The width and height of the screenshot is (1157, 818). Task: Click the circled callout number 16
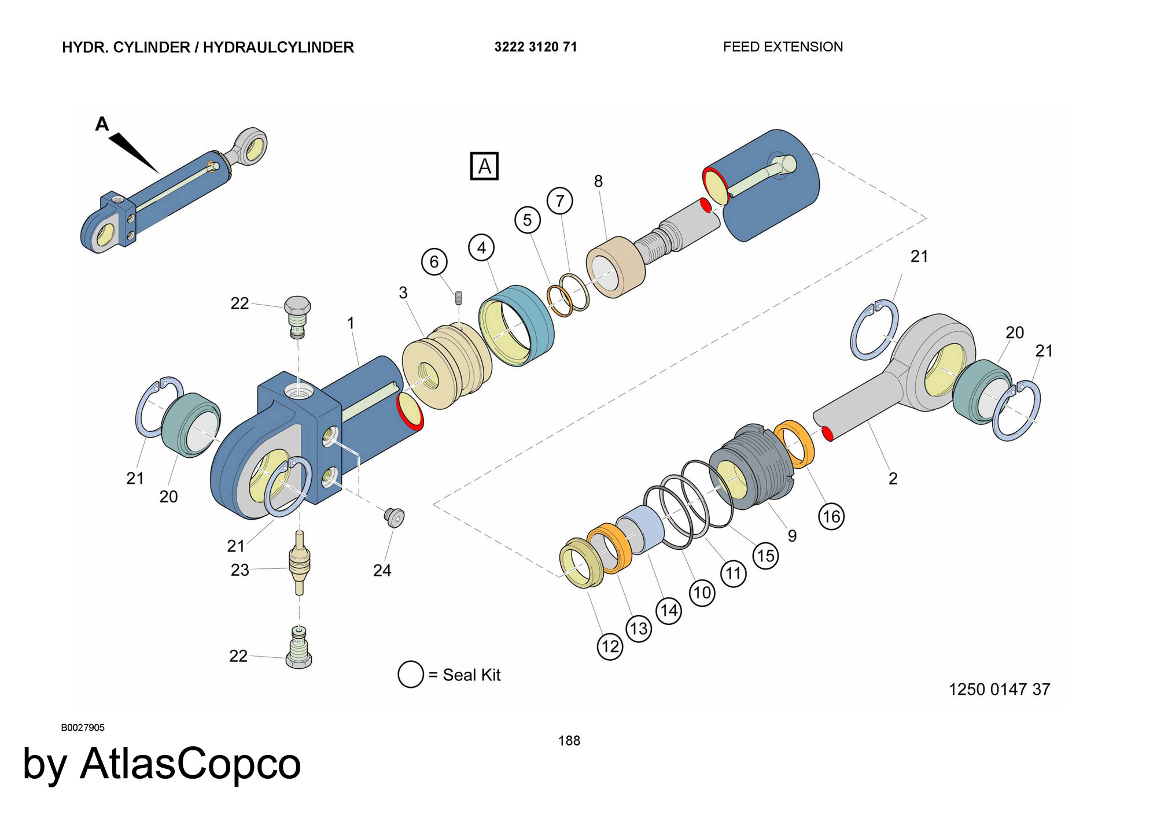[831, 516]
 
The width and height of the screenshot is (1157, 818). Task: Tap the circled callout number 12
[610, 646]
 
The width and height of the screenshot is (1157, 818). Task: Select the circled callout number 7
[559, 201]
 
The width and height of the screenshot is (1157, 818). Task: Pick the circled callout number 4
[481, 247]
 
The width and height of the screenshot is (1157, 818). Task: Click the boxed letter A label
[484, 166]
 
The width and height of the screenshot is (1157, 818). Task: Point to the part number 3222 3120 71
[535, 47]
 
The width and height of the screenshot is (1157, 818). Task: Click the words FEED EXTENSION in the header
[783, 47]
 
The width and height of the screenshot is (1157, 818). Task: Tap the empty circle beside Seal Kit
[411, 674]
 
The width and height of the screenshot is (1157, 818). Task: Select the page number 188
[569, 741]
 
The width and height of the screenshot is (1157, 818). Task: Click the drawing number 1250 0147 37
[999, 689]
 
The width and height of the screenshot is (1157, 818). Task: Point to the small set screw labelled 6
[459, 298]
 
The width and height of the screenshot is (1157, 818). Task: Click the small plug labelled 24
[395, 517]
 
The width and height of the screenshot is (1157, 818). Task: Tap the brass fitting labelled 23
[300, 564]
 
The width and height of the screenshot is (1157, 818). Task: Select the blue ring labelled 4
[516, 325]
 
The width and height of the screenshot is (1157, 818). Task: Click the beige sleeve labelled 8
[616, 267]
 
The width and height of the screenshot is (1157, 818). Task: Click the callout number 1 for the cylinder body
[351, 323]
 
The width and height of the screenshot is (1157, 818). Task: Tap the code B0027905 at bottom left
[83, 727]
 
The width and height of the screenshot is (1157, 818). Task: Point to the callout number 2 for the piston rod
[893, 478]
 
